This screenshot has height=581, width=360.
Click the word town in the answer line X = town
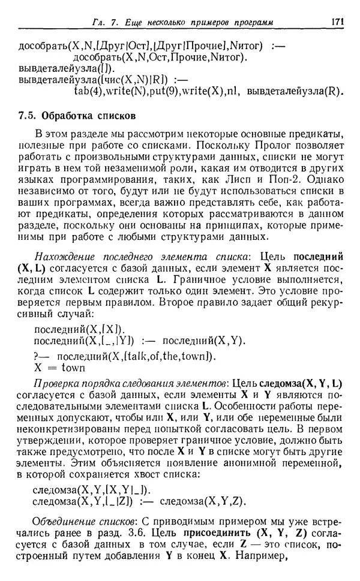(73, 368)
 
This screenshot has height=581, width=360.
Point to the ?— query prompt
(41, 356)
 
